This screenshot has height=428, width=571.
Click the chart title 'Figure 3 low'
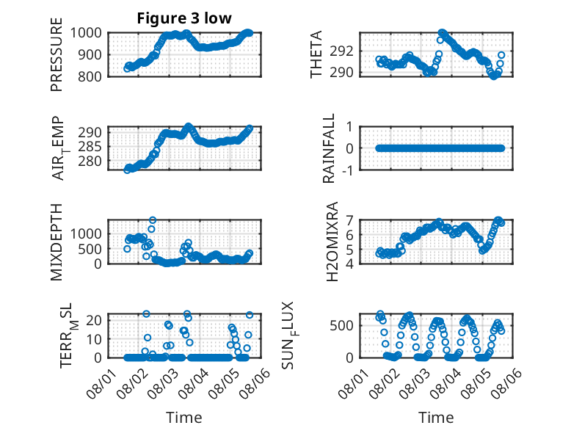184,18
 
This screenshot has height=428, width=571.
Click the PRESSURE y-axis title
57,54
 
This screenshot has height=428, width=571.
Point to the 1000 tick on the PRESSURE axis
86,33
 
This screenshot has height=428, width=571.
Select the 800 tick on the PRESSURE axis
90,76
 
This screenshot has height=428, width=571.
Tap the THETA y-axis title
316,54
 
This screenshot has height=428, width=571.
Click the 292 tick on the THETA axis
341,51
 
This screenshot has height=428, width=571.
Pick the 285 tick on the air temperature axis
90,146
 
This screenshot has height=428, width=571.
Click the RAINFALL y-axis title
329,148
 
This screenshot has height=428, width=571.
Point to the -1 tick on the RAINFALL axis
348,170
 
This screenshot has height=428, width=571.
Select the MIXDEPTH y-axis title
57,242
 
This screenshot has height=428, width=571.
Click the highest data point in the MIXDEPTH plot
153,220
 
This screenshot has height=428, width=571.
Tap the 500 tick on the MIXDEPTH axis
90,249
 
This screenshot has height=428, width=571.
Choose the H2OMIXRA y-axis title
332,242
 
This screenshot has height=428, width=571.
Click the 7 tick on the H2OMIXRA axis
349,220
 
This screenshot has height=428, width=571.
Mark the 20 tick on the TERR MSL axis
94,320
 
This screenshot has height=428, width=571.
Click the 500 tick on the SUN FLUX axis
341,325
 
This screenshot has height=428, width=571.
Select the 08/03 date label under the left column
162,383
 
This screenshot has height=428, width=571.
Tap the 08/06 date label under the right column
506,383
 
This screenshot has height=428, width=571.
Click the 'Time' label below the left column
184,417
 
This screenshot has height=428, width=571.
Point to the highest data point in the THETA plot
442,33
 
